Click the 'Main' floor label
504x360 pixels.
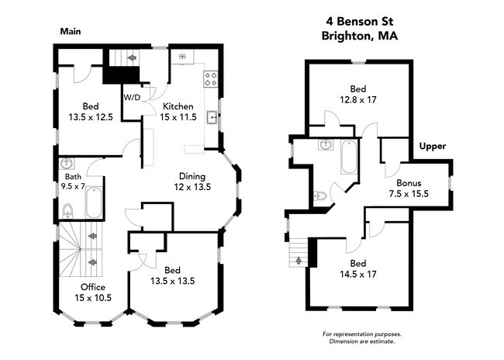[x=71, y=32]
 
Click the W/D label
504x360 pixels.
[x=132, y=98]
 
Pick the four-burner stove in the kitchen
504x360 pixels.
[x=210, y=78]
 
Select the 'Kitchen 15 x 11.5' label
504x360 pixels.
[x=179, y=111]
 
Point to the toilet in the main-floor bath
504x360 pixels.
[x=67, y=209]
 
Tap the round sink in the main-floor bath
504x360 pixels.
[x=67, y=165]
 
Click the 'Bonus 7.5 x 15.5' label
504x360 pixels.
[x=409, y=189]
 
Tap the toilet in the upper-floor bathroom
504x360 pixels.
[x=319, y=196]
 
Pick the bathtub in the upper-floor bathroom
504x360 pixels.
[x=349, y=158]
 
